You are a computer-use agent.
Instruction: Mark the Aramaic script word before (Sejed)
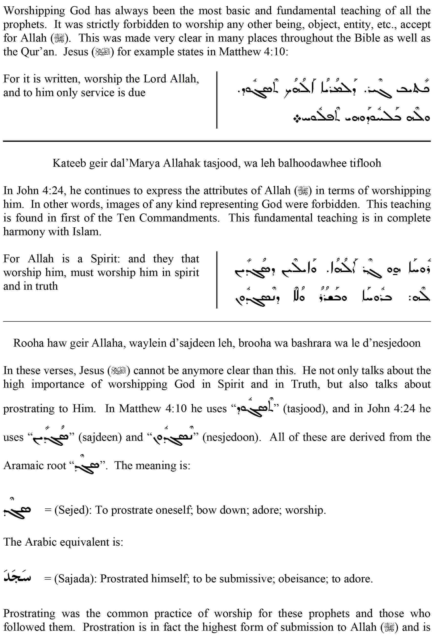pos(17,510)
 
